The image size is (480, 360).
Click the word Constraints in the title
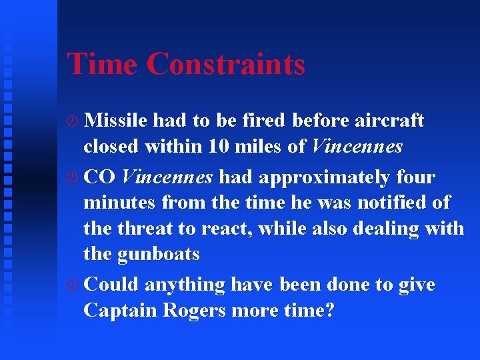225,64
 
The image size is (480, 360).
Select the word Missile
117,120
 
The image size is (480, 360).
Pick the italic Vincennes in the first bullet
357,146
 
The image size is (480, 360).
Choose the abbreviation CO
101,177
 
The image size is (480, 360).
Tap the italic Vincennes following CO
167,177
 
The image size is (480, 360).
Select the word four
415,177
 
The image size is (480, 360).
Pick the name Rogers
194,311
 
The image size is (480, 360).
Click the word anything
185,285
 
